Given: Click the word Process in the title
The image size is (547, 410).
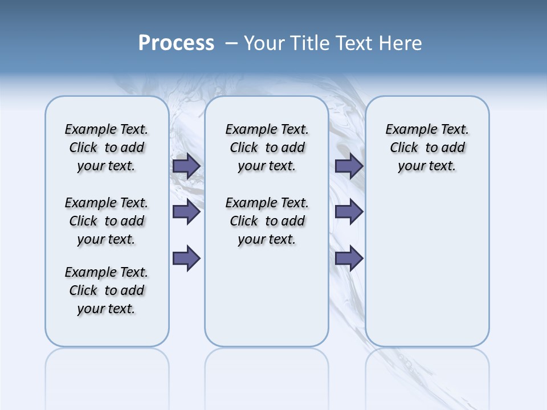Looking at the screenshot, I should [176, 43].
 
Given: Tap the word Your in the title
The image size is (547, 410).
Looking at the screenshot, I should [264, 43].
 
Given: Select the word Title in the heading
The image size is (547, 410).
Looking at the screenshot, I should [309, 43].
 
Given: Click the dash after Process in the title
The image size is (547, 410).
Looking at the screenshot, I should [231, 44].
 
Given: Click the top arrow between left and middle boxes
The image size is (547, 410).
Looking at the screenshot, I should [186, 166].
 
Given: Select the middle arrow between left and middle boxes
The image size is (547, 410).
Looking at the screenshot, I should [186, 212].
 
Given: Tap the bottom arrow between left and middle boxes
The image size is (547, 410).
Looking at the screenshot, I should [186, 259].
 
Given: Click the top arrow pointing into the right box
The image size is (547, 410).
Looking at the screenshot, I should [349, 166].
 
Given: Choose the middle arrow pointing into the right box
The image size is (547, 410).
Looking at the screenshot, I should [349, 212].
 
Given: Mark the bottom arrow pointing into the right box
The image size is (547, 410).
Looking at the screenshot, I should [349, 259].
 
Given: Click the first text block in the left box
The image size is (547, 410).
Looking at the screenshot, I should [107, 147].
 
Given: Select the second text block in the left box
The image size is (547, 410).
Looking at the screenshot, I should [107, 221].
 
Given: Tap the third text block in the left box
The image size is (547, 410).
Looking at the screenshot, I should [107, 290].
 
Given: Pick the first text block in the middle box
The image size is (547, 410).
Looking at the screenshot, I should [267, 147].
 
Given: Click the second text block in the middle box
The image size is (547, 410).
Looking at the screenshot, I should [267, 221].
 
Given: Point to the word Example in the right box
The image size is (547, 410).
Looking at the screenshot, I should [407, 130].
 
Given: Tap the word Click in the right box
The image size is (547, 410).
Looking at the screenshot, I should [404, 148].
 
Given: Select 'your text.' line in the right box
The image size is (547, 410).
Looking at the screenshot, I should [427, 166].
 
